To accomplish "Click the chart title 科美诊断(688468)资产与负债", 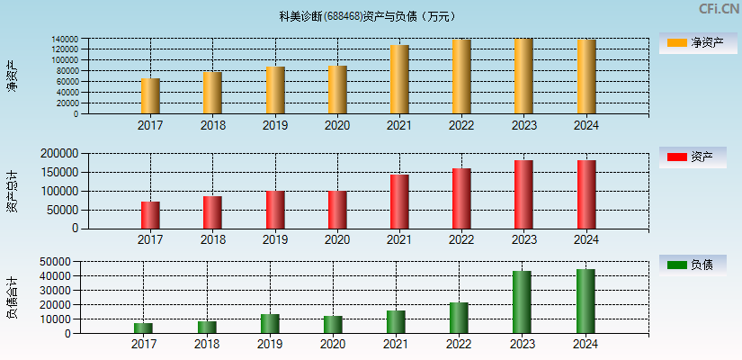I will tap(367, 16).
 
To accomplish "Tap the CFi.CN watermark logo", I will tap(719, 9).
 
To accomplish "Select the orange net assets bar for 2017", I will tap(150, 96).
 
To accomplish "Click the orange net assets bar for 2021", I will tap(399, 79).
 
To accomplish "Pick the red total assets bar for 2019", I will tap(275, 210).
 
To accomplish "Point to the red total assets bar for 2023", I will tap(523, 194).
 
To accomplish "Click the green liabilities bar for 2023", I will tap(522, 302).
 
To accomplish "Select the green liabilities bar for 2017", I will tap(144, 328).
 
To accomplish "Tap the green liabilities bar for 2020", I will tap(333, 325).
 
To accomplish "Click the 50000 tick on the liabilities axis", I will tap(55, 261).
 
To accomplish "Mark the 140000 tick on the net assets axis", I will tap(64, 40).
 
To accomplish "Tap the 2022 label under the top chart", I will tap(461, 125).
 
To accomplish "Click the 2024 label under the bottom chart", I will tap(586, 345).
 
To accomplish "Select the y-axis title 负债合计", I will tap(13, 298).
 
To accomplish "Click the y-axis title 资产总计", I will tap(13, 191).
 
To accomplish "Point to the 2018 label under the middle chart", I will tap(213, 239).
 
